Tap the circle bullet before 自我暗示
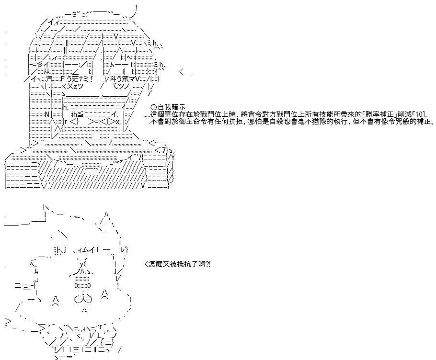[x=154, y=107]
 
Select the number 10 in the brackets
[x=419, y=114]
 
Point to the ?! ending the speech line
[x=208, y=264]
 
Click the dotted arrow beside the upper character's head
[x=186, y=72]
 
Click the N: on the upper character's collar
[x=48, y=114]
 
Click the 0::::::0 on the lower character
[x=82, y=285]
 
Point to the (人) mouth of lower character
[x=83, y=300]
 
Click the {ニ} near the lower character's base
[x=108, y=342]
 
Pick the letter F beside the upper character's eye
[x=62, y=79]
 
